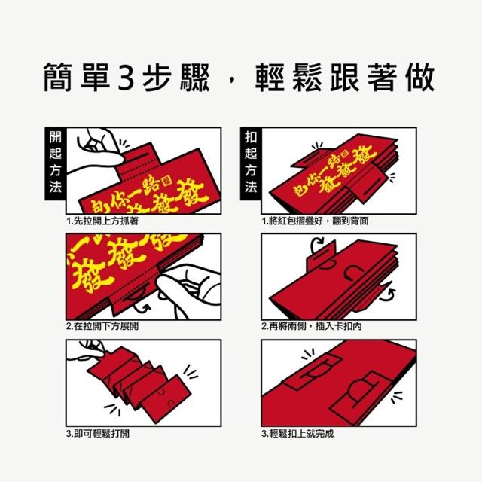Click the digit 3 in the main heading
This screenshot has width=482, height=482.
127,77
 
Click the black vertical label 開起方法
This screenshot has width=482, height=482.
55,163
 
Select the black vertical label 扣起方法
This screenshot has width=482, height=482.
251,163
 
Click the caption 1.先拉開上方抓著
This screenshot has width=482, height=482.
102,221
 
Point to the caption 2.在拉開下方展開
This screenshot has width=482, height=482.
102,326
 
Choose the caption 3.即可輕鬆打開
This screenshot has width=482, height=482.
98,434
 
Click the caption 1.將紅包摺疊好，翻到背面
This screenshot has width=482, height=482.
315,221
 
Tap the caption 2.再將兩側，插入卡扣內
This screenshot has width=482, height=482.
312,326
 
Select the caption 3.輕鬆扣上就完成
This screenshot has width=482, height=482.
298,434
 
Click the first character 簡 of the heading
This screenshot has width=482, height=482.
58,77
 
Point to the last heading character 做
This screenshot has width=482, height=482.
419,77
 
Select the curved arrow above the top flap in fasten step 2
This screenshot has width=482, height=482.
316,245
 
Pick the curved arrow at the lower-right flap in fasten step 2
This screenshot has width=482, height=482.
387,295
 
